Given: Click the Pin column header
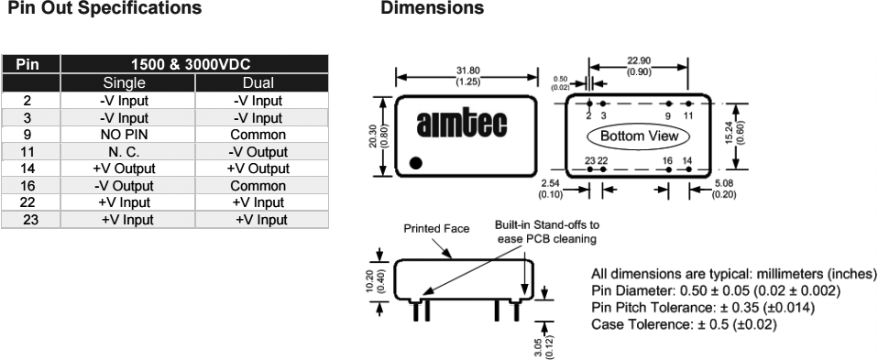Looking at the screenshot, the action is (x=27, y=64).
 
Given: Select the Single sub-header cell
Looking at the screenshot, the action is (x=124, y=82).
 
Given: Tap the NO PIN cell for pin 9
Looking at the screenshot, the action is (x=124, y=135).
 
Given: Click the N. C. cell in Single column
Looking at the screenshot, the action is (x=124, y=152).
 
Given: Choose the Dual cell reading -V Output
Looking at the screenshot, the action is (x=258, y=152).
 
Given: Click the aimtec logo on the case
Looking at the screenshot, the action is (x=462, y=123).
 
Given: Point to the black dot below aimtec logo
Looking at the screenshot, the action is (x=416, y=163).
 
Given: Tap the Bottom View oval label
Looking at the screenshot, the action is (x=639, y=136).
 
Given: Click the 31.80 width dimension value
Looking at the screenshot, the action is (x=467, y=71).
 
